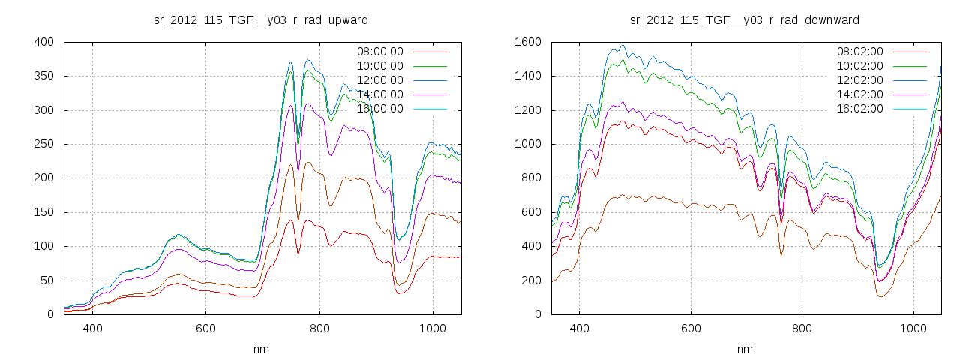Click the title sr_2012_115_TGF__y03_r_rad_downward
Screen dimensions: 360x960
745,19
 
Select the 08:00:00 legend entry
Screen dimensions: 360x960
379,52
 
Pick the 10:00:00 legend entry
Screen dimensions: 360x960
379,66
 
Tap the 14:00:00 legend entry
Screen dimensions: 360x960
379,94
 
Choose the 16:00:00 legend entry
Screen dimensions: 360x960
379,109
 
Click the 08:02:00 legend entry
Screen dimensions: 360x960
859,52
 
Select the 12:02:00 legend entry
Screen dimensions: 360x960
859,80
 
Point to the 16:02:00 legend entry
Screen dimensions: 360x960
859,109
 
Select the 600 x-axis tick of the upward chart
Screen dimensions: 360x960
206,328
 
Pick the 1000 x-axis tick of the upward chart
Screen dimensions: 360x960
433,328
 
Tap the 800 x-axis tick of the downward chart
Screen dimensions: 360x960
802,328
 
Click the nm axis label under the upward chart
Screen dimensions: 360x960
261,349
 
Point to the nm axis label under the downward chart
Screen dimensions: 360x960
745,349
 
